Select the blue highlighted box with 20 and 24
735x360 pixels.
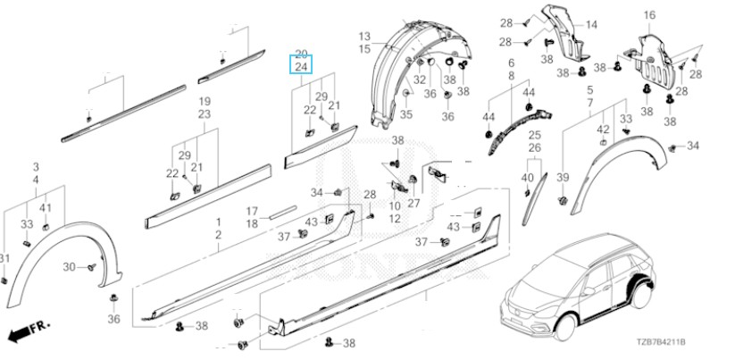tap(301, 61)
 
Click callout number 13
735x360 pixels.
tap(364, 36)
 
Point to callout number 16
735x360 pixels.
tap(649, 15)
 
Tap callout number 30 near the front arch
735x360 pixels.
tap(69, 267)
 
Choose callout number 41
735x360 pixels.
tap(46, 208)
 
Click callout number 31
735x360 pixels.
tap(4, 259)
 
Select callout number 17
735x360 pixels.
tap(252, 211)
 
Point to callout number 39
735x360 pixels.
tap(563, 178)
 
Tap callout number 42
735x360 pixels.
tap(604, 130)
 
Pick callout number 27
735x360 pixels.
tap(413, 202)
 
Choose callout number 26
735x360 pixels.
tap(534, 147)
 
